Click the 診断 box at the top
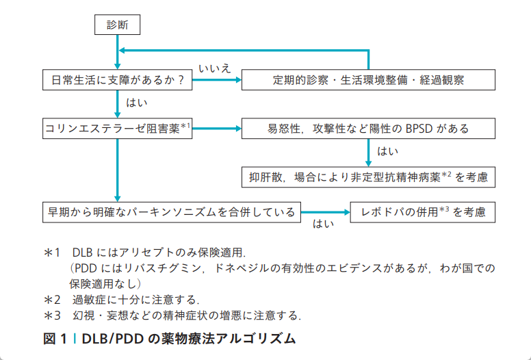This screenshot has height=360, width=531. [x=117, y=25]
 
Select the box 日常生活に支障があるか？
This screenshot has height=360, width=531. [x=117, y=79]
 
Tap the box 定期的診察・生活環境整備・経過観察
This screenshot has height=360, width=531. [x=367, y=79]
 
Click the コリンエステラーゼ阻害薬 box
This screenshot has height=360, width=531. [x=117, y=127]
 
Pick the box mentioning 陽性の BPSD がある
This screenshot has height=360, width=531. [x=367, y=127]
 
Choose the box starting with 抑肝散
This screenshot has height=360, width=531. [x=367, y=177]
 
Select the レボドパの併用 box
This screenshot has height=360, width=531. [x=422, y=211]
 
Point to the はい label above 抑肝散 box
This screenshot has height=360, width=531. [x=388, y=151]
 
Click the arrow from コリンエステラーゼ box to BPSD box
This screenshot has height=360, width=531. [x=217, y=127]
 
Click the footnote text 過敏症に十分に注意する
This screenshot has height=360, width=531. [x=135, y=300]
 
